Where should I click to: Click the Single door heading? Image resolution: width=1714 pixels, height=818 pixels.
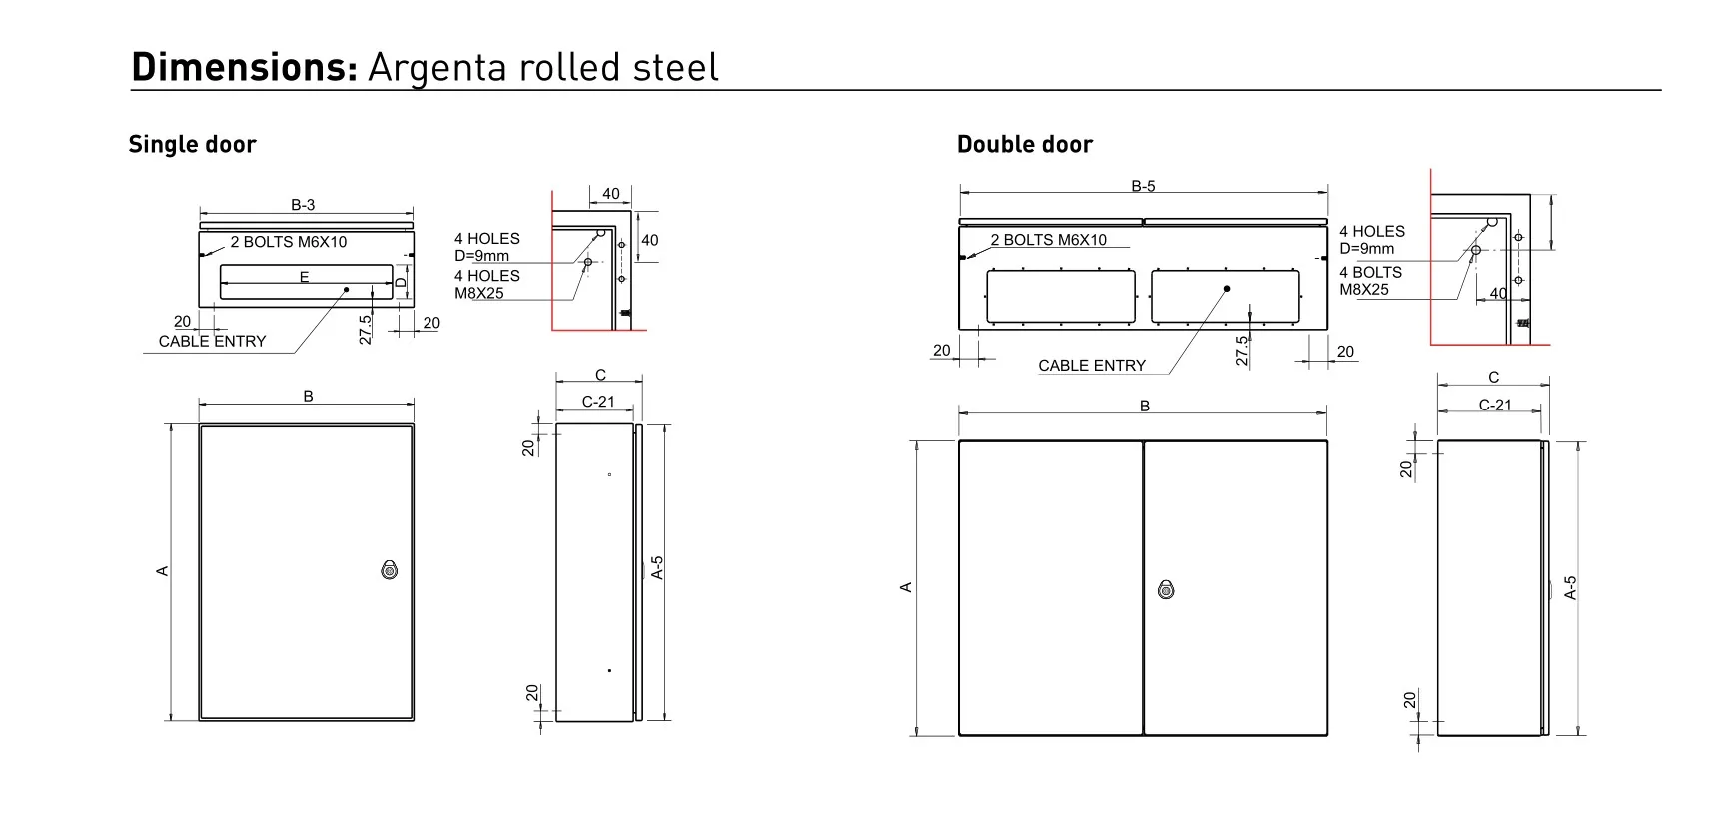pos(192,145)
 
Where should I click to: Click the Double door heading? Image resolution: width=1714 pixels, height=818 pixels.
pos(1024,145)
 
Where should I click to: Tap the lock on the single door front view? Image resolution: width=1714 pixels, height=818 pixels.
pos(389,570)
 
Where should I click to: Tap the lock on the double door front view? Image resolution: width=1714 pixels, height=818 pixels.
pos(1165,589)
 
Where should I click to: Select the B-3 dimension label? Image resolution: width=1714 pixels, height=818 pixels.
pos(303,205)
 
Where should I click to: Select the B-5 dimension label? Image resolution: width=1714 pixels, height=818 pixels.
pos(1143,186)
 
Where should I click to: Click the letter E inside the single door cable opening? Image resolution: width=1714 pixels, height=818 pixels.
pos(305,277)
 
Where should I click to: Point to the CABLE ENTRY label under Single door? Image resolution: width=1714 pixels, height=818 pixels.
pos(212,342)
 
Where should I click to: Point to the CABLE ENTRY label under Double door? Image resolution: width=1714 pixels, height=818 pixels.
pos(1092,366)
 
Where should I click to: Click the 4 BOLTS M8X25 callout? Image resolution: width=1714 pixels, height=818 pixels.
pos(1370,281)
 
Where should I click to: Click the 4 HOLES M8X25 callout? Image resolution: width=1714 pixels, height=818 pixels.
pos(486,285)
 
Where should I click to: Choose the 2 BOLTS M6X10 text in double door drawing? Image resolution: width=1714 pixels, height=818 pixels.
pos(1048,240)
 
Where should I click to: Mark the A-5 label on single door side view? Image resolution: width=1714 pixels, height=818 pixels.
pos(657,567)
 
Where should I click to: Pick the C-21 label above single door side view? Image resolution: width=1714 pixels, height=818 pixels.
pos(598,402)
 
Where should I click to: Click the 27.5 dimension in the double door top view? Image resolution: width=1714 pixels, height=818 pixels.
pos(1242,350)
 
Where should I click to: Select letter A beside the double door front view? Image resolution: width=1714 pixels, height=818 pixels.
pos(906,587)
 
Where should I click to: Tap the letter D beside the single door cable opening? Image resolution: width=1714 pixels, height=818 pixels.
pos(401,283)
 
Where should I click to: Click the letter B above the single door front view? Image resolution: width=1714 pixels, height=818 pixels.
pos(308,397)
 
